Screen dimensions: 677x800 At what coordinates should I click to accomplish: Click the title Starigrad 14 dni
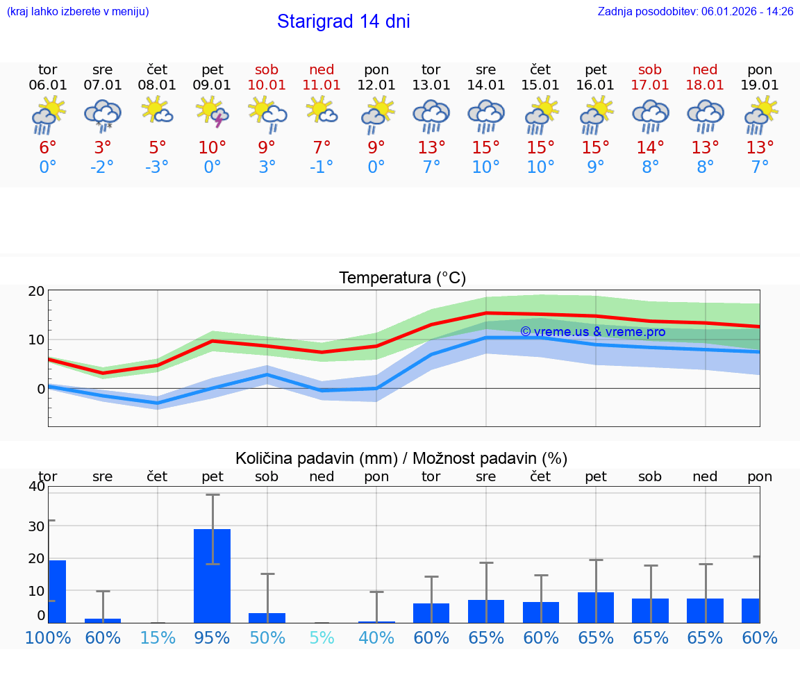click(x=343, y=22)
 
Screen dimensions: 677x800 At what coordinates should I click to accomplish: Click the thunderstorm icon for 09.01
click(x=212, y=112)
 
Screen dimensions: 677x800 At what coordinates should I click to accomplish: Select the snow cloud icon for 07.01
click(x=102, y=114)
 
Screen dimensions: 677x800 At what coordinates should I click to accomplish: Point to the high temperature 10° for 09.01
click(x=212, y=148)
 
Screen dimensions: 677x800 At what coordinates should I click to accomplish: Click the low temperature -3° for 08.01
click(x=157, y=167)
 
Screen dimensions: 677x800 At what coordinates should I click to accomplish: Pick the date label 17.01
click(x=650, y=85)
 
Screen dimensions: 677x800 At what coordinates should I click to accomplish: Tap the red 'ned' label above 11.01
click(x=322, y=70)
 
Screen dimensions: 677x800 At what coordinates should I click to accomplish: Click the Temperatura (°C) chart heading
click(x=402, y=278)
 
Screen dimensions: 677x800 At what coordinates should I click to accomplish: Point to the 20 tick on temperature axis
click(x=36, y=292)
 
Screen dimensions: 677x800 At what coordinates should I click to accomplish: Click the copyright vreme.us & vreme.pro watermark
click(x=592, y=332)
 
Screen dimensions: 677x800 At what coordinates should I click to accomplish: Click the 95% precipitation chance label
click(x=212, y=637)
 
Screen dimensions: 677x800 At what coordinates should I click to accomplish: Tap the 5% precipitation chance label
click(x=322, y=637)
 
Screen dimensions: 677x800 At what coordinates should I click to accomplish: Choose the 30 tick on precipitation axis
click(x=36, y=526)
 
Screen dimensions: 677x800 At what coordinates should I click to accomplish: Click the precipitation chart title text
click(x=401, y=458)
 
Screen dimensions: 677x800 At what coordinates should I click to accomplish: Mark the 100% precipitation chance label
click(x=48, y=637)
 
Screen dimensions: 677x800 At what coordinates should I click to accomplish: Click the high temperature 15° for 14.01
click(x=485, y=148)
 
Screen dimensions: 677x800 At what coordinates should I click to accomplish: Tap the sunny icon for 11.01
click(x=322, y=111)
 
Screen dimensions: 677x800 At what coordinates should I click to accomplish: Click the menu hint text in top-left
click(x=78, y=12)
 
